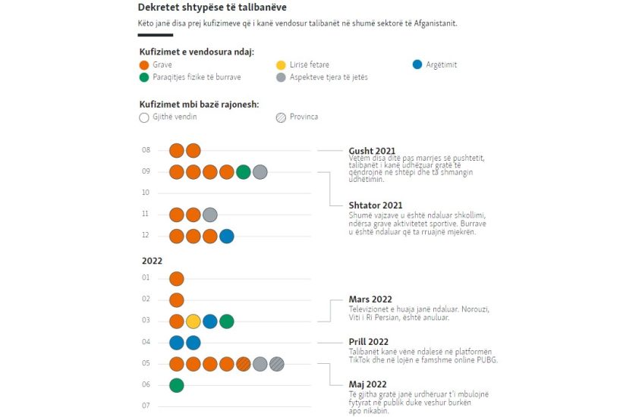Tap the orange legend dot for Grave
click(144, 65)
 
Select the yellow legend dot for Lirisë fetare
click(281, 65)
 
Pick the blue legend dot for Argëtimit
click(417, 65)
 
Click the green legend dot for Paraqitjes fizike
click(144, 77)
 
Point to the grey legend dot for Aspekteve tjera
click(281, 77)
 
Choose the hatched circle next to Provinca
click(281, 118)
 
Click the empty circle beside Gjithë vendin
click(144, 118)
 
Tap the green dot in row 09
click(244, 172)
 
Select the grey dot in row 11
click(210, 215)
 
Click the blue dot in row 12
click(227, 237)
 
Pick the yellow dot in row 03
click(194, 321)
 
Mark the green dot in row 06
click(177, 385)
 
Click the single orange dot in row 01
click(177, 279)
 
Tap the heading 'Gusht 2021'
click(372, 151)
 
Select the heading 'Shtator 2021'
click(375, 205)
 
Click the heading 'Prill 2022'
click(369, 342)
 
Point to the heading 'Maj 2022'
click(367, 384)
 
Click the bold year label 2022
click(152, 261)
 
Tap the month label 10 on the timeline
click(146, 193)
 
